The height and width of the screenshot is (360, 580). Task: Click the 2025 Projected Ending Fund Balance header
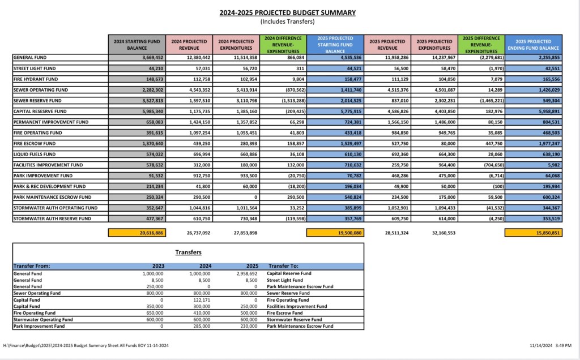534,45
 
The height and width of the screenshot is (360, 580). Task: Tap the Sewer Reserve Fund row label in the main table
40,101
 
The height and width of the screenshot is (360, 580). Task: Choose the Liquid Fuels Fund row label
35,155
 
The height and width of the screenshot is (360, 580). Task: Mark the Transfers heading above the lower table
188,252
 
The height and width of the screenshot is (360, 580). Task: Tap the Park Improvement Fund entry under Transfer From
39,327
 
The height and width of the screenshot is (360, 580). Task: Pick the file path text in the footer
86,345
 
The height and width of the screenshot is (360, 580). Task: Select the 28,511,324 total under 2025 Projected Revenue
387,232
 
